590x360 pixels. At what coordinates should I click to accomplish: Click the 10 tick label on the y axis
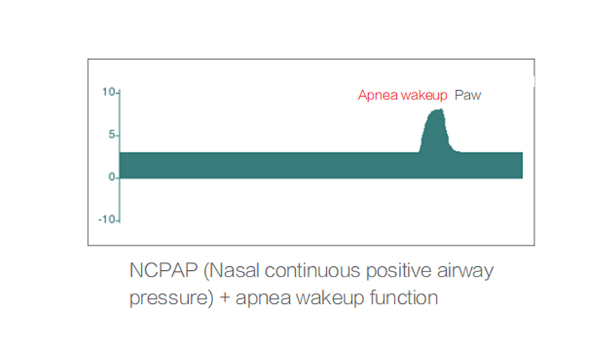pos(108,92)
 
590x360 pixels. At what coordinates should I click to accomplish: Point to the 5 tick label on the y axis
pos(112,134)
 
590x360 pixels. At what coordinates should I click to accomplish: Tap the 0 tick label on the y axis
pos(112,177)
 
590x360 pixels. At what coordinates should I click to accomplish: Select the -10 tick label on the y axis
pos(107,220)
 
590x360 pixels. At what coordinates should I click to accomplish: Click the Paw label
pos(468,95)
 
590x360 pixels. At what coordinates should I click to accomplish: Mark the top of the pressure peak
pos(437,110)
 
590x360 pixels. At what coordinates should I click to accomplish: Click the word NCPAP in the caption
pos(164,270)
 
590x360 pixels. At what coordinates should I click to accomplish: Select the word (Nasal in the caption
pos(232,271)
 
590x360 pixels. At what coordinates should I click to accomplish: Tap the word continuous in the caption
pos(312,271)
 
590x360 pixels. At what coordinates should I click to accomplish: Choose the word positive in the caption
pos(398,271)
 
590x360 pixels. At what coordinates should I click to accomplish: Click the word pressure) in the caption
pos(172,298)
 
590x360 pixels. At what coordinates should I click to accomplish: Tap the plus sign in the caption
pos(225,297)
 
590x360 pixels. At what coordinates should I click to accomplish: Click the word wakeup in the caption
pos(330,298)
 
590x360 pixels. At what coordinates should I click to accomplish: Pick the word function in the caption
pos(403,297)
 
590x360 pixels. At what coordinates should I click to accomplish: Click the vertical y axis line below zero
pos(119,201)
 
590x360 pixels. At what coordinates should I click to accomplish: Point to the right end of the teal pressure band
pos(522,165)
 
